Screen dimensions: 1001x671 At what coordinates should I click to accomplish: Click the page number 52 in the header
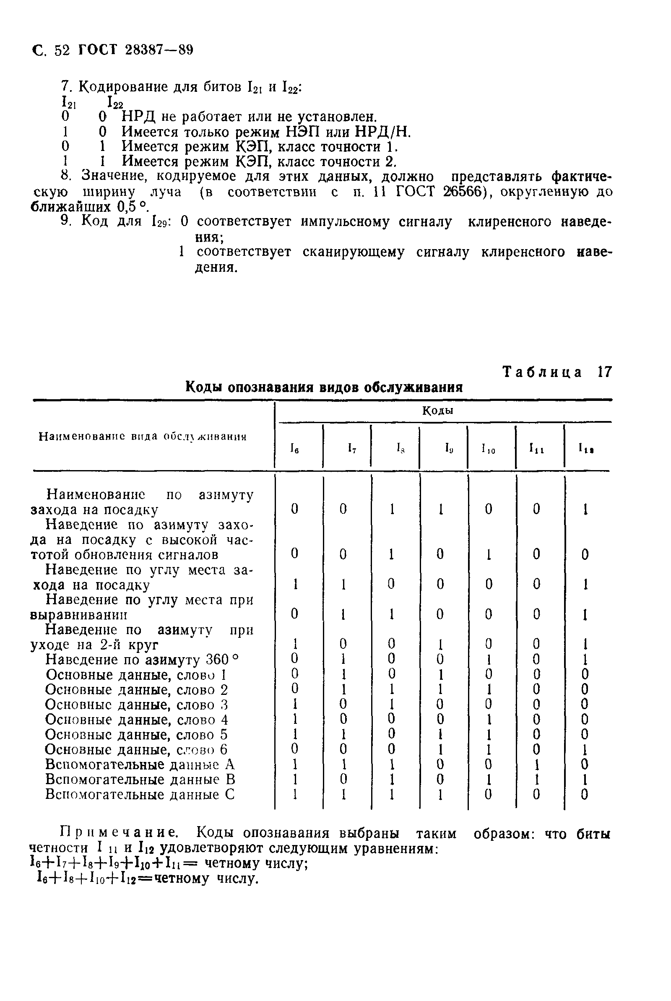[x=62, y=50]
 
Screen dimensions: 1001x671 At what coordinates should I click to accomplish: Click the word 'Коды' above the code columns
[x=438, y=411]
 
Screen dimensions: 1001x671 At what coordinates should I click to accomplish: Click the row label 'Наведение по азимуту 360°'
[x=142, y=660]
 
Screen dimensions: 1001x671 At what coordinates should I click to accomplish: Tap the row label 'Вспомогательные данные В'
[x=140, y=780]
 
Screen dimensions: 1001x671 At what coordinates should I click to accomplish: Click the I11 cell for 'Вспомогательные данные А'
[x=537, y=764]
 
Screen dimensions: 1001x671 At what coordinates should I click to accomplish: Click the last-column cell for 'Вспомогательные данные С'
[x=585, y=794]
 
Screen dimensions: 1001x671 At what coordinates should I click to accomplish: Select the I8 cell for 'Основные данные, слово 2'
[x=391, y=689]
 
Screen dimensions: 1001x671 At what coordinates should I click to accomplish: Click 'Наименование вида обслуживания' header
[x=143, y=437]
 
